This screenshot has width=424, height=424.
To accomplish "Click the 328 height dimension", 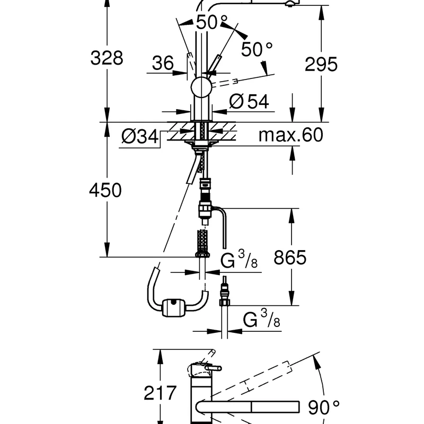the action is point(107,58).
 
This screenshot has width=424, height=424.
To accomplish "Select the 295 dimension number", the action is point(321,64).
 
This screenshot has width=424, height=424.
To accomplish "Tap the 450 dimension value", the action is point(105,190).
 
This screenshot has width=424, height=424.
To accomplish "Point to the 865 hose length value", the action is point(290,257).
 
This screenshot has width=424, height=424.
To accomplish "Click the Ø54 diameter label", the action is point(249,101).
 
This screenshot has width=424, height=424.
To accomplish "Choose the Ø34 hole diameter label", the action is point(140,136).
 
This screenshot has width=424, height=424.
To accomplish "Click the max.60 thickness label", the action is point(291,135).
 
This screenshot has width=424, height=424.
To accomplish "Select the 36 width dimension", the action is point(163,63).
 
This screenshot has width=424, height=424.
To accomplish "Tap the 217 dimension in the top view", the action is point(160,393).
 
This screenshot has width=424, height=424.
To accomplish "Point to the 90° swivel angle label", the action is point(324,408).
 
